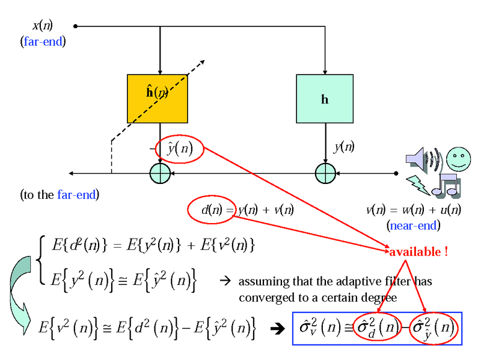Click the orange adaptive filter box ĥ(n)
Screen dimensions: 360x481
click(x=158, y=98)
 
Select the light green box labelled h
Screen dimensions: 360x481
click(x=325, y=99)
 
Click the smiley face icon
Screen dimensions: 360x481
click(x=459, y=158)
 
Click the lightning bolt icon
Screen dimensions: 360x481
click(x=419, y=184)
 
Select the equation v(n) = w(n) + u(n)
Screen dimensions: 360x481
click(x=414, y=210)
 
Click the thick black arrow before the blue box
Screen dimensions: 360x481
click(x=278, y=329)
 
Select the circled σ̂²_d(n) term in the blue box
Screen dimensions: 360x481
click(x=376, y=328)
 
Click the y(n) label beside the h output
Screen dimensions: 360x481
click(x=344, y=146)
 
